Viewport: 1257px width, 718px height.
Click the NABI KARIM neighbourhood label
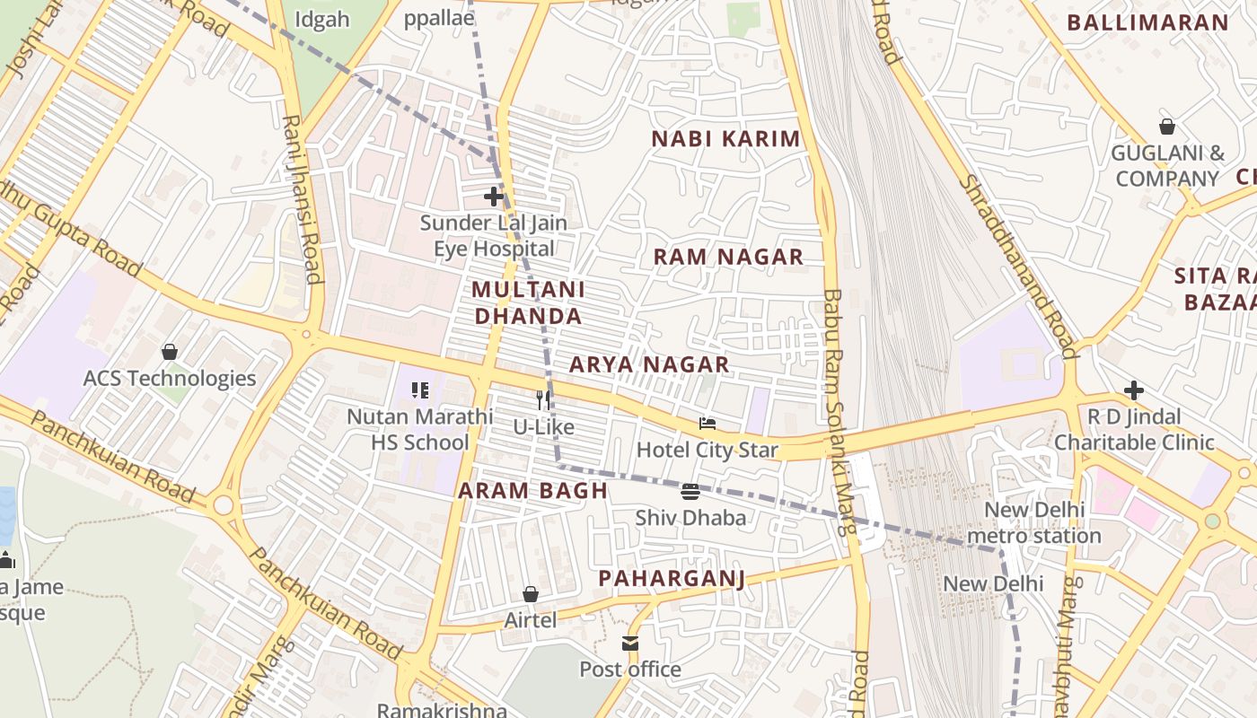[x=725, y=139]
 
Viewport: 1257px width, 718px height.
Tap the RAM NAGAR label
[x=728, y=257]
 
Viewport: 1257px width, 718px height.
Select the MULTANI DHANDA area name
[x=528, y=302]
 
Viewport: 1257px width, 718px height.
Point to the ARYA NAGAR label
[x=649, y=364]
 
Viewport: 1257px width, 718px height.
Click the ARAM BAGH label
[x=533, y=491]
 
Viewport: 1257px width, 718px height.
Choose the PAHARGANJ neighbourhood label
[x=672, y=578]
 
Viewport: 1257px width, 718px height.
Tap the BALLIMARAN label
[x=1147, y=23]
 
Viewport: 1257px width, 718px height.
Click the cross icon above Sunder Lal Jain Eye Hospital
[x=493, y=196]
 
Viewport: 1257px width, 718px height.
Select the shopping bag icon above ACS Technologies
[x=169, y=352]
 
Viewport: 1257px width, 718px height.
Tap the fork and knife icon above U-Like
[x=543, y=400]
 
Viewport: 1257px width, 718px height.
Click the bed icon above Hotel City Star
[x=708, y=424]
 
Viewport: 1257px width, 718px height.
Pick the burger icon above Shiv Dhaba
[x=690, y=491]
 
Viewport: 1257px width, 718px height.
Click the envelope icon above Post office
[x=630, y=643]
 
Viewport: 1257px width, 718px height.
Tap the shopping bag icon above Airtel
[x=531, y=594]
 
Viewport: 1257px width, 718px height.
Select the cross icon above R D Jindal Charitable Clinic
[x=1134, y=390]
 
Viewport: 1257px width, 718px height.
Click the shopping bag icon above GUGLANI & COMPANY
[x=1167, y=127]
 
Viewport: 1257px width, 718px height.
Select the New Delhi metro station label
[x=1034, y=523]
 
